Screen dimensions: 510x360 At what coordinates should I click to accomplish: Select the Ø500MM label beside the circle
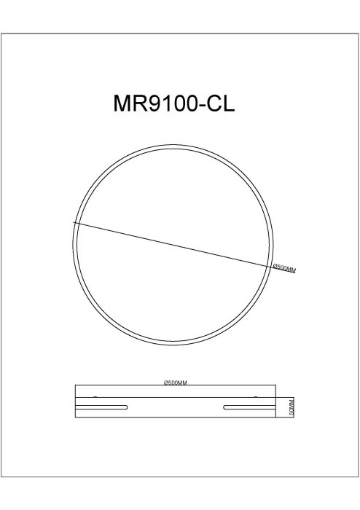coord(283,268)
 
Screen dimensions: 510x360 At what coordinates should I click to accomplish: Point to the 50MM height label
coord(290,408)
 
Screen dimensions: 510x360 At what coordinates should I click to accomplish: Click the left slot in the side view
coord(103,407)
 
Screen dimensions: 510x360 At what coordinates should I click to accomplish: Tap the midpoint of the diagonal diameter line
coord(173,244)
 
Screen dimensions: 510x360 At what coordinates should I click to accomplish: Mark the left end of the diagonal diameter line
coord(74,221)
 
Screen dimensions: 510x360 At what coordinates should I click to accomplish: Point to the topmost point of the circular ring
coord(173,144)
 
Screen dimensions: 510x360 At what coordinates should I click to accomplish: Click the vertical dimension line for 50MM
coord(286,408)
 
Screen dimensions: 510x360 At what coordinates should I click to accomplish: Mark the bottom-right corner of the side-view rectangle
coord(277,418)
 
